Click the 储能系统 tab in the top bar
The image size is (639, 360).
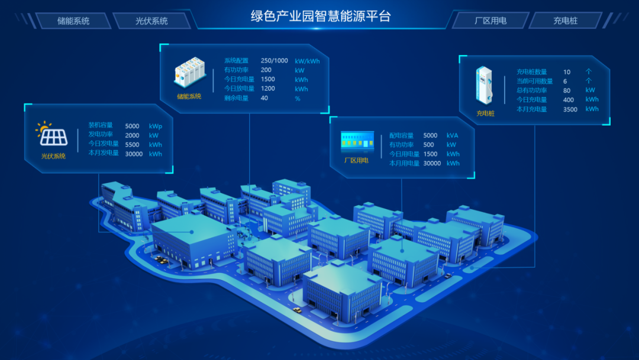[73, 21]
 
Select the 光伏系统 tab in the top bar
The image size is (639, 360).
[151, 21]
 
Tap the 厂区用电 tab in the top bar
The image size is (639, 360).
[490, 21]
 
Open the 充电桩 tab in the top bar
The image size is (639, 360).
[566, 21]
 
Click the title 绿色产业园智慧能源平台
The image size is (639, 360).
[321, 16]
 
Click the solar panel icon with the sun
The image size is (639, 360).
[52, 134]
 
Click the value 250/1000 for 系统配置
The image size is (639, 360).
[275, 60]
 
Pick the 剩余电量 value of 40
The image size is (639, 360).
[264, 98]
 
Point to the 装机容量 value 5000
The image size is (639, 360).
[133, 126]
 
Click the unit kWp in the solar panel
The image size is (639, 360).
[156, 126]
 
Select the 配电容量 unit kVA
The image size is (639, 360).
[453, 136]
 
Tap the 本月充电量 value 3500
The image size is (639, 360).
[570, 110]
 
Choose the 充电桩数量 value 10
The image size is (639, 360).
[567, 72]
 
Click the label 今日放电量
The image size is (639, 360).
[239, 89]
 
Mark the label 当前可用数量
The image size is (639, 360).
[534, 81]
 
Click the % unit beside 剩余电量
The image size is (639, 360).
[298, 98]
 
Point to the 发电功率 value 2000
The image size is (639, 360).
[133, 135]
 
